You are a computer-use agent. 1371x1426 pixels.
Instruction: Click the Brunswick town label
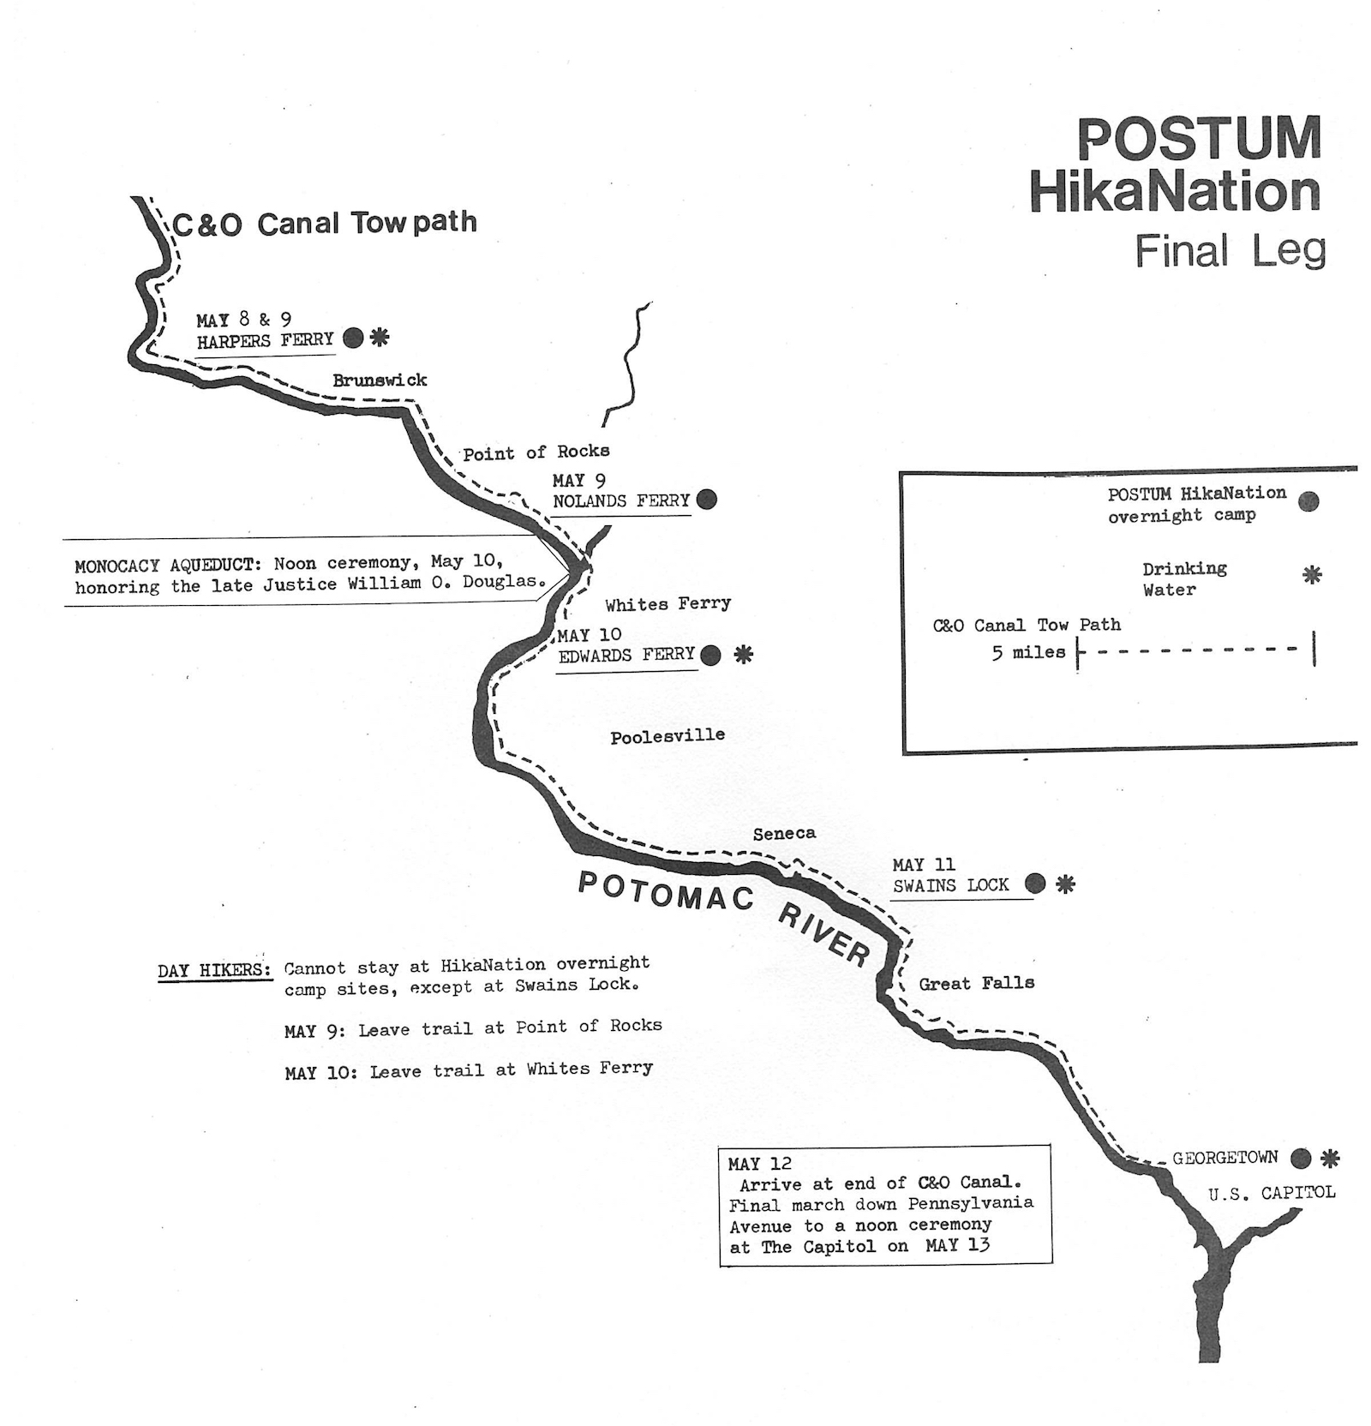[380, 380]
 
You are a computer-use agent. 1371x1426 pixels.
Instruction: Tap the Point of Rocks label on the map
[536, 452]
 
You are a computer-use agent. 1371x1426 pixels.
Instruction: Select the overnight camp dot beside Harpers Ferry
[353, 338]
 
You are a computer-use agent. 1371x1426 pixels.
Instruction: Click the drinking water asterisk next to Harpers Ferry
[380, 337]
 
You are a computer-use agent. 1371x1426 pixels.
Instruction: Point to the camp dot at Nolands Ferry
[707, 499]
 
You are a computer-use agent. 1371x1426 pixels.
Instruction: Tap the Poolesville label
[668, 736]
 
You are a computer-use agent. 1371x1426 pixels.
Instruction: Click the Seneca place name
[784, 833]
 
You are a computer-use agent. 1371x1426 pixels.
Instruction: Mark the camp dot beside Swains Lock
[1035, 883]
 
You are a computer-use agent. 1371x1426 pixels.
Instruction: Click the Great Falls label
[977, 983]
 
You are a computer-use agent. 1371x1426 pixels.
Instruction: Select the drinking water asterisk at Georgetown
[1329, 1159]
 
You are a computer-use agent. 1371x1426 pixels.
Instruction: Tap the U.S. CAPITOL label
[1272, 1193]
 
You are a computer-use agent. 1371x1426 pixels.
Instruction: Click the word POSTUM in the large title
[1199, 139]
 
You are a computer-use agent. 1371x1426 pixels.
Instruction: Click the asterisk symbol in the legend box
[1312, 575]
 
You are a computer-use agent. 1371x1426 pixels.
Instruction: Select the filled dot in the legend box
[1308, 502]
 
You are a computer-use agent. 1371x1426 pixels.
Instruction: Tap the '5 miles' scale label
[1028, 653]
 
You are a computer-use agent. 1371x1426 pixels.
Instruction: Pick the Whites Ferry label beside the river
[668, 604]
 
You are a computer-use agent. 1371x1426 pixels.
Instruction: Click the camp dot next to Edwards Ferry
[710, 656]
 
